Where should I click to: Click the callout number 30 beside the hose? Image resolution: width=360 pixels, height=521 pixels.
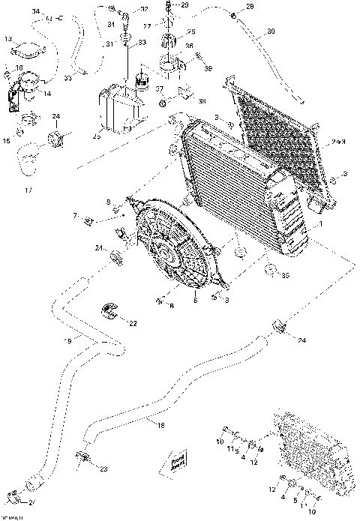click(x=271, y=31)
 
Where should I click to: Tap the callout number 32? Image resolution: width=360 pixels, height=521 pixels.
click(x=144, y=9)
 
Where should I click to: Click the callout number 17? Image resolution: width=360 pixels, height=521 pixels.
click(x=28, y=190)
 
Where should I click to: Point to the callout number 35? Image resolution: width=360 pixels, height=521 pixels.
click(x=286, y=275)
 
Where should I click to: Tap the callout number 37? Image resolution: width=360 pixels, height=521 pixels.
click(x=159, y=88)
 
